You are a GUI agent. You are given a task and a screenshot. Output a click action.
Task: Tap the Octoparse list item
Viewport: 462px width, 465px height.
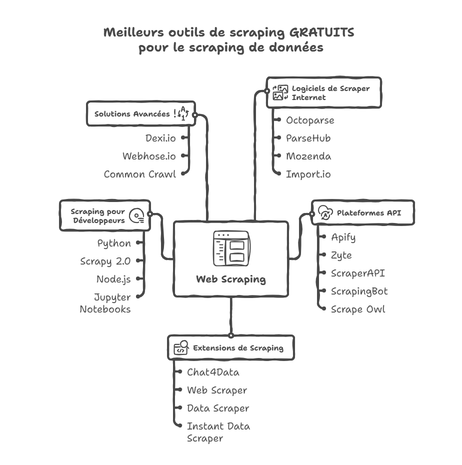pyautogui.click(x=310, y=120)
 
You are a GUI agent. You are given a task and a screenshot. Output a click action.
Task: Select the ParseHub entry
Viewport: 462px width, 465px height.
pyautogui.click(x=308, y=138)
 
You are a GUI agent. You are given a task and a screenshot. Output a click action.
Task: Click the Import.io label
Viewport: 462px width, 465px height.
pyautogui.click(x=308, y=174)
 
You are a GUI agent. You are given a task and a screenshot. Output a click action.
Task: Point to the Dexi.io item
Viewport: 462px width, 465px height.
pyautogui.click(x=160, y=138)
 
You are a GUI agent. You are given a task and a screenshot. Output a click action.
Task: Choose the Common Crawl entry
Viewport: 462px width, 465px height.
pyautogui.click(x=140, y=174)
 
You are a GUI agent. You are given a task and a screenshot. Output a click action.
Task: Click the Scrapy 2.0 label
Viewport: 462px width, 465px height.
pyautogui.click(x=105, y=261)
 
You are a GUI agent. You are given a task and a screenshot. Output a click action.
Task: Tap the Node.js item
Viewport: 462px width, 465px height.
pyautogui.click(x=113, y=279)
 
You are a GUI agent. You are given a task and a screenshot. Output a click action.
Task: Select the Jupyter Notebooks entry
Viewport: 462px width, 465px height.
pyautogui.click(x=105, y=303)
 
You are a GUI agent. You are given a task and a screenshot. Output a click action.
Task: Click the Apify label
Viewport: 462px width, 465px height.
pyautogui.click(x=343, y=237)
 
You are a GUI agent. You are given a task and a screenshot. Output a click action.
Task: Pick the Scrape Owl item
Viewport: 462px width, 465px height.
pyautogui.click(x=358, y=309)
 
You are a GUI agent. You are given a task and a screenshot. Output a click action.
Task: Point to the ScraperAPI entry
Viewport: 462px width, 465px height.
pyautogui.click(x=357, y=273)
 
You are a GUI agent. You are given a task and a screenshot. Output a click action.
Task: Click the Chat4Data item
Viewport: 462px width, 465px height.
pyautogui.click(x=213, y=372)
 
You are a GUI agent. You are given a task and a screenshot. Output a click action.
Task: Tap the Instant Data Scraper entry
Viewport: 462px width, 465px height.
pyautogui.click(x=218, y=432)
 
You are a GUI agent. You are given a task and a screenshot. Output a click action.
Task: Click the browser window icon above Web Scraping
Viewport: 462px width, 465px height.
pyautogui.click(x=231, y=248)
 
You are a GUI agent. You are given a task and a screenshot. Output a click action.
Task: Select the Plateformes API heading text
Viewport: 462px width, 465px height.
pyautogui.click(x=369, y=213)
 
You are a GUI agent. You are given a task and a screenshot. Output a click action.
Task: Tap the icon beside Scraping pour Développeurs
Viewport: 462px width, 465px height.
pyautogui.click(x=136, y=216)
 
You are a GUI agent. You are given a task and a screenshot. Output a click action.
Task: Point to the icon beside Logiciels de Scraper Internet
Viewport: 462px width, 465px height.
pyautogui.click(x=280, y=92)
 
